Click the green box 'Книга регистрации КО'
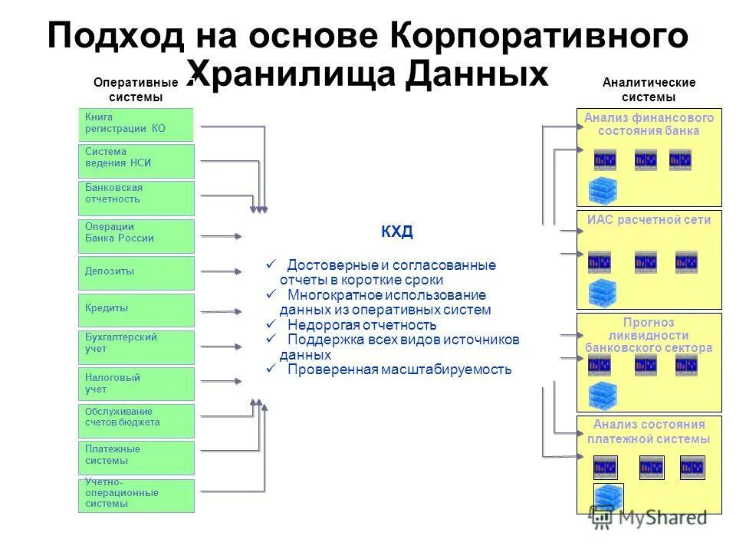136,124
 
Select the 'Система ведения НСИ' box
136,161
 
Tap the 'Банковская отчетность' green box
136,198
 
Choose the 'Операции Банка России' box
136,236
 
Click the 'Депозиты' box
136,273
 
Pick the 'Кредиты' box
136,310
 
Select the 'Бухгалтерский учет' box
136,347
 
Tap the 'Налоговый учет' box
136,383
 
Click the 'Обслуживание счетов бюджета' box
136,420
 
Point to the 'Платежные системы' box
136,457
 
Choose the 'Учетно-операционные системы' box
136,495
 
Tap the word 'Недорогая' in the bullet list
317,324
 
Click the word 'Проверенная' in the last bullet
323,370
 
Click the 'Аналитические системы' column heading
649,90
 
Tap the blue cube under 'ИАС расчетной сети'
602,293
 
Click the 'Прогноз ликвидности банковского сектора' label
649,335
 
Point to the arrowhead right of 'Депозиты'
239,271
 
